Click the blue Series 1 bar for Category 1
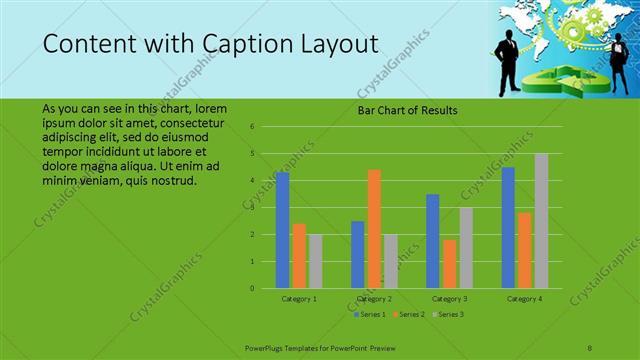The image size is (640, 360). pos(282,230)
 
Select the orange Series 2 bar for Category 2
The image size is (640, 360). pos(374,229)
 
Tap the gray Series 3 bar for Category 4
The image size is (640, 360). pos(541,221)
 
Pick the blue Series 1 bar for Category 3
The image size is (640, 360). pos(432,241)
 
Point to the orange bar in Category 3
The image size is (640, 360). pos(449,264)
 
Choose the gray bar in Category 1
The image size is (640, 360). pos(316,261)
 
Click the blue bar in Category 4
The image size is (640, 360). pos(508,228)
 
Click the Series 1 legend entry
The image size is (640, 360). pos(371,314)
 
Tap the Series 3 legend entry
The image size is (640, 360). pos(449,314)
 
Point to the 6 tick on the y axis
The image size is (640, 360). pos(253,127)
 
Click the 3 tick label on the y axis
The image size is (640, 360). pos(253,208)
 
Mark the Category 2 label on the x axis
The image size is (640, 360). pos(374,298)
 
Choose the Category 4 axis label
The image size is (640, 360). pos(524,298)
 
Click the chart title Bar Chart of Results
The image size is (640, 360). pos(407,110)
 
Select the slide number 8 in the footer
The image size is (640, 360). pos(590,346)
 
